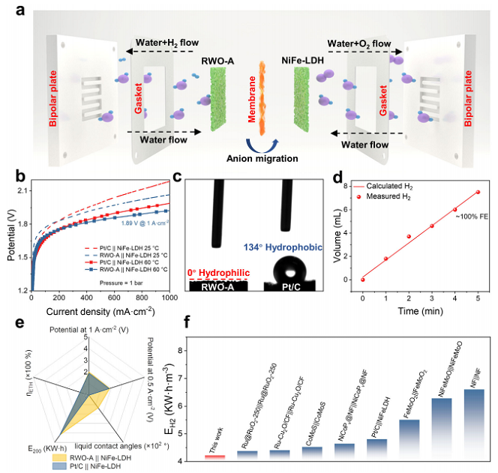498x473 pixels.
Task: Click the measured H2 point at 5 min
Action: (477, 213)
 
